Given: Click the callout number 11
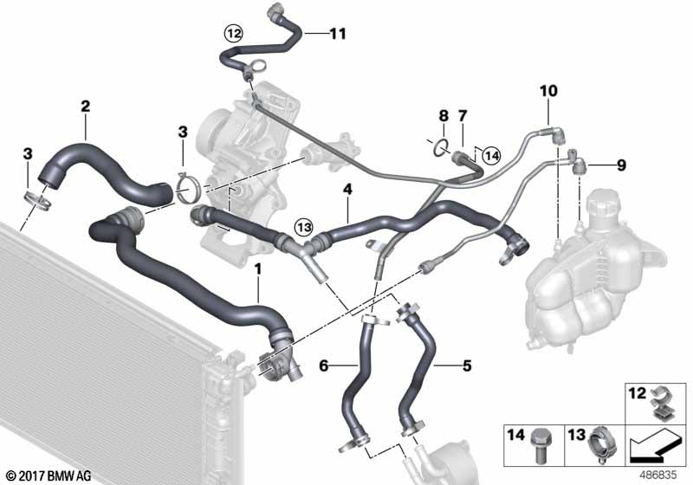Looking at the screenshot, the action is click(338, 34).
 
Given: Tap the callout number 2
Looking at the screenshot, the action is click(85, 106).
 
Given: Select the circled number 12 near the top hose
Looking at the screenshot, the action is click(234, 33).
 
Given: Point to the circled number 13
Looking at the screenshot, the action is click(304, 228).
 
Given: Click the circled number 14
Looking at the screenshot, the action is click(491, 156).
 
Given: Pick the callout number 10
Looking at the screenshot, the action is click(548, 91).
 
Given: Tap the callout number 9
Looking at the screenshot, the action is click(621, 165).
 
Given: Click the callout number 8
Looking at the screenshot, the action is click(444, 116).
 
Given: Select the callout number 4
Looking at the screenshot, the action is click(348, 190).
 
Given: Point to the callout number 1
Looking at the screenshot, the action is click(258, 268).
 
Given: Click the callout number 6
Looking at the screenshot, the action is click(324, 365).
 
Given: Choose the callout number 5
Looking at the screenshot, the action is click(467, 365).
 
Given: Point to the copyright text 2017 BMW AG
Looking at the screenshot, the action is click(49, 476).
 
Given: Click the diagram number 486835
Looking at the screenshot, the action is click(658, 475).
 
